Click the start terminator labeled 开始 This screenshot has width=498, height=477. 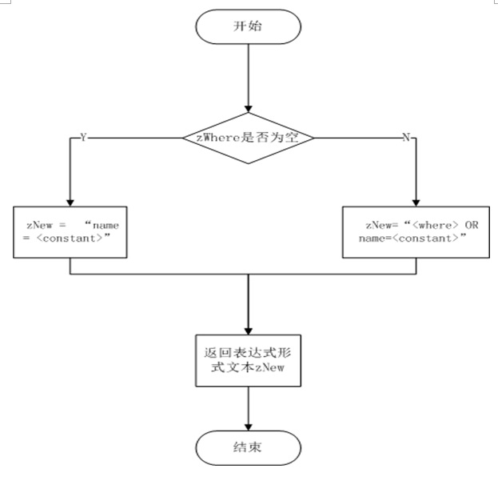(x=248, y=26)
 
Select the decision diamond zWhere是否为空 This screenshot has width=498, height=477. (x=249, y=138)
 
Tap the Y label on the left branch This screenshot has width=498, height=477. (x=82, y=138)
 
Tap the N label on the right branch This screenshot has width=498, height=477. (x=405, y=138)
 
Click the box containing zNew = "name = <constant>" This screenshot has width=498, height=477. (x=70, y=232)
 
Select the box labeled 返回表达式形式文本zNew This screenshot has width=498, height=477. (x=249, y=359)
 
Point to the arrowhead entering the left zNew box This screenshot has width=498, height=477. (x=70, y=202)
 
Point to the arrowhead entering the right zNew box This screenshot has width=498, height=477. (x=416, y=202)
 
